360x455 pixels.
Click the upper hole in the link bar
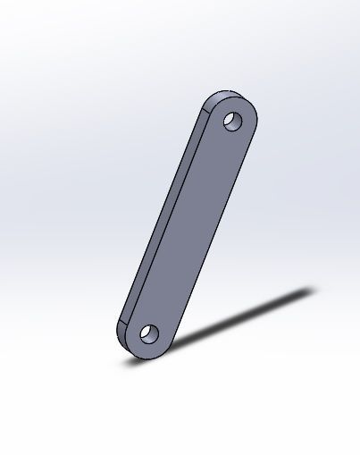232,120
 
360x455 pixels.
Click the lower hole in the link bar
147,335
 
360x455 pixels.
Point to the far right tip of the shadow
314,289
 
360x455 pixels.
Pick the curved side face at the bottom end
125,341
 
